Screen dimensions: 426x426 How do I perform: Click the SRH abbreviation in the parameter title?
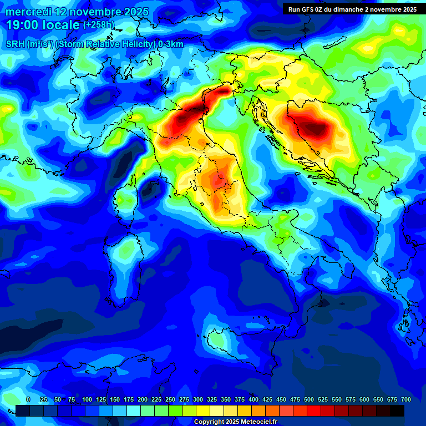point(16,44)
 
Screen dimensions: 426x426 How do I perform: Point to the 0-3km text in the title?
point(170,44)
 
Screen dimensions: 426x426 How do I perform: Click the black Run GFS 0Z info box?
point(352,9)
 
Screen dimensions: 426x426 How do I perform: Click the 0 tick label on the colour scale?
point(28,399)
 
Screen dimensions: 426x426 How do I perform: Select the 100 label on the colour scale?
point(87,399)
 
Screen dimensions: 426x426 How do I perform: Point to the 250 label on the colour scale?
point(170,399)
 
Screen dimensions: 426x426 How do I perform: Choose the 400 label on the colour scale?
point(253,399)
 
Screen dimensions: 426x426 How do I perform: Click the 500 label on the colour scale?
point(309,399)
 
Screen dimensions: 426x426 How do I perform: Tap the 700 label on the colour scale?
point(406,399)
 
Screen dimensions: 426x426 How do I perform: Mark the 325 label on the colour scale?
point(212,399)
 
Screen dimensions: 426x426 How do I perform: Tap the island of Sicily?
point(222,341)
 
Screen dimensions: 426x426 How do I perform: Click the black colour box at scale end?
point(397,410)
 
